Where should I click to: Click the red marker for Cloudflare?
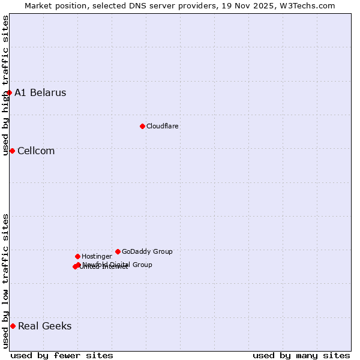click(142, 126)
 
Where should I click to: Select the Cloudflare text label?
click(162, 126)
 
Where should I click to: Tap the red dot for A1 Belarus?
click(9, 92)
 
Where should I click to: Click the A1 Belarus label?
click(40, 92)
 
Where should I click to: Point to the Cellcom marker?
click(12, 151)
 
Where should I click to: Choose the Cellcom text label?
click(36, 151)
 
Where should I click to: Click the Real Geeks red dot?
click(13, 326)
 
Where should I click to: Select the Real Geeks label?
click(44, 326)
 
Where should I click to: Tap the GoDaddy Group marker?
click(118, 251)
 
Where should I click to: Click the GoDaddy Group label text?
click(147, 251)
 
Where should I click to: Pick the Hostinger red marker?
click(77, 256)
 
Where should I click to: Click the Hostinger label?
click(97, 256)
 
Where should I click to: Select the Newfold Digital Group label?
click(118, 264)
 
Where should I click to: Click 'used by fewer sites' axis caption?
click(62, 355)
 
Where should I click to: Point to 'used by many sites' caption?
click(301, 355)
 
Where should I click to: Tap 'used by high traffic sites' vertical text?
click(5, 85)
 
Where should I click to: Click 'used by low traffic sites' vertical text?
click(5, 281)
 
